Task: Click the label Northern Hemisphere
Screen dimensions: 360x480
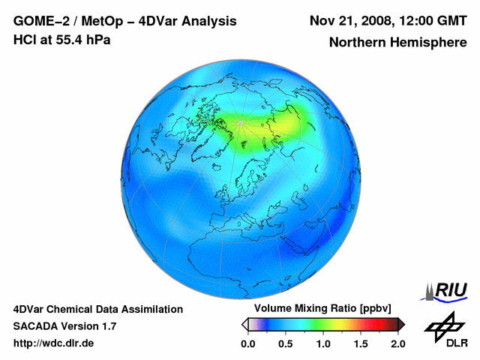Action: tap(398, 43)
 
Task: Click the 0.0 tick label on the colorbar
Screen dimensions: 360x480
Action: tap(247, 343)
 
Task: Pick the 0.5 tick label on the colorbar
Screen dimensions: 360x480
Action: tap(285, 343)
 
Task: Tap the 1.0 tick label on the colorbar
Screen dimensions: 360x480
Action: tap(322, 343)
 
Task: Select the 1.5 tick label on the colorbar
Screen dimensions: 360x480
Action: tap(360, 343)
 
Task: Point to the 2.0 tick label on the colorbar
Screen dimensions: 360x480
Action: tap(397, 343)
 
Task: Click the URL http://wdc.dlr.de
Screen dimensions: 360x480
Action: tap(54, 343)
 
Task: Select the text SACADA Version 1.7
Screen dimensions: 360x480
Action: tap(64, 326)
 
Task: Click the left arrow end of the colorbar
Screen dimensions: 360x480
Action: tap(244, 324)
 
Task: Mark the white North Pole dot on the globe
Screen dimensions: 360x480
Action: tap(239, 122)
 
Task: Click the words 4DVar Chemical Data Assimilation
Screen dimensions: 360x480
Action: tap(97, 309)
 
